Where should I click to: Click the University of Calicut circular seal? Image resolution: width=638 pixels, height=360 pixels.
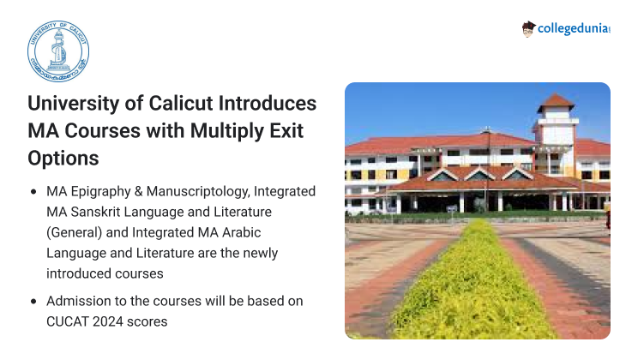tap(58, 51)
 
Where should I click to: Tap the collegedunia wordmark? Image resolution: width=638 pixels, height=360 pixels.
tap(574, 28)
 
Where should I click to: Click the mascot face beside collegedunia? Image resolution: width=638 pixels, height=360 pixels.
tap(528, 29)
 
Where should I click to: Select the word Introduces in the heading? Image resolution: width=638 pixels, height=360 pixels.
tap(268, 104)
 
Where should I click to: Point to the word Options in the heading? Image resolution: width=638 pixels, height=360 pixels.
tap(63, 159)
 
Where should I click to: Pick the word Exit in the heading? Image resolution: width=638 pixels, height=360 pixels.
tap(286, 131)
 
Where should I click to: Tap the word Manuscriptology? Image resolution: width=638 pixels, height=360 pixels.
tap(198, 192)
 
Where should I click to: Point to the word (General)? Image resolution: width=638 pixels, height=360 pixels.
tap(74, 232)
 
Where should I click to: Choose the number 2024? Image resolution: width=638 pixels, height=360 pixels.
tap(108, 321)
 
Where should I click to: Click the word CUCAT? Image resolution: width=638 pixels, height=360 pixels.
tap(68, 321)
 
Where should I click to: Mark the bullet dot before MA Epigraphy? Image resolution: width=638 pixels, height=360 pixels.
tap(33, 192)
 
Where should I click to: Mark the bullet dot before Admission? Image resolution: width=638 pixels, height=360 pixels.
tap(33, 302)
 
